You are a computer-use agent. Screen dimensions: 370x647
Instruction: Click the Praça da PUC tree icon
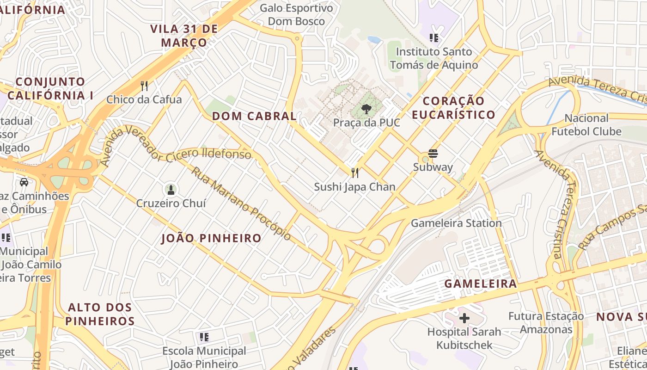click(366, 109)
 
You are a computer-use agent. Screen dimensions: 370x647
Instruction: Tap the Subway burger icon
click(433, 153)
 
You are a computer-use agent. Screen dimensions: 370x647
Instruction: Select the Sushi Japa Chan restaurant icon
click(354, 173)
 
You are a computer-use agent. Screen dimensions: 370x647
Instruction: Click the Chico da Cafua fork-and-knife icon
click(144, 86)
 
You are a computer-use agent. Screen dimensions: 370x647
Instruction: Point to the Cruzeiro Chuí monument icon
click(171, 190)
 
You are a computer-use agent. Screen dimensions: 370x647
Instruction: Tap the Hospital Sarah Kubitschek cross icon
click(464, 318)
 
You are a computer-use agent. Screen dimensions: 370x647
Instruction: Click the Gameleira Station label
click(456, 223)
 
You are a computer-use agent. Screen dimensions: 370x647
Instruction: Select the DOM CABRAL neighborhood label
click(254, 116)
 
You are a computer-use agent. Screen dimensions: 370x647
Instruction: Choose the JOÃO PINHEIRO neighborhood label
click(211, 238)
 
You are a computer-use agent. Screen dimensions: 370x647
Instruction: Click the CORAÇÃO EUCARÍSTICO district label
click(453, 107)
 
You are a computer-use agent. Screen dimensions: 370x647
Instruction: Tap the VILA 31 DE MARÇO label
click(184, 36)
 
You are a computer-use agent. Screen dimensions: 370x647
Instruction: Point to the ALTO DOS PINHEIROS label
click(100, 314)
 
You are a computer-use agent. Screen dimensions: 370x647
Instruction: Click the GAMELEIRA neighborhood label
click(481, 284)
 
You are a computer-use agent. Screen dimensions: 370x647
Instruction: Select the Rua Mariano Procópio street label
click(241, 204)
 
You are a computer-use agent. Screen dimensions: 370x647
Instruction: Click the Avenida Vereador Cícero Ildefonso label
click(176, 146)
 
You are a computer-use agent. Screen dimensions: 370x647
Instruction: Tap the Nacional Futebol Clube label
click(586, 125)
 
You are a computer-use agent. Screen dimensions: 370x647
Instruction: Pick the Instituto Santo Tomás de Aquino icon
click(433, 38)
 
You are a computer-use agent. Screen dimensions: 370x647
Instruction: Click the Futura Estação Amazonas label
click(546, 323)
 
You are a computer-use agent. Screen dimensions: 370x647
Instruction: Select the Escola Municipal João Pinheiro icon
click(204, 337)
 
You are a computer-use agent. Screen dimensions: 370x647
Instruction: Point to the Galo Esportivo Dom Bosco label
click(296, 14)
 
